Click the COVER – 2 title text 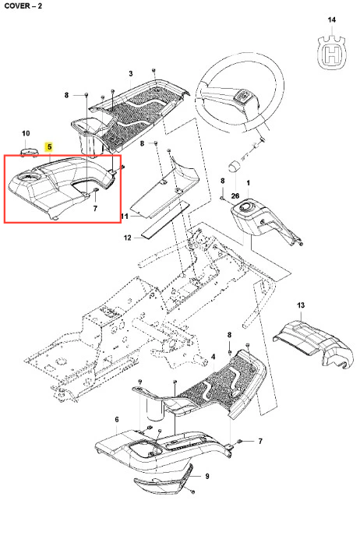pyautogui.click(x=23, y=6)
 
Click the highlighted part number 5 pyautogui.click(x=50, y=147)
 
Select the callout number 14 pyautogui.click(x=331, y=20)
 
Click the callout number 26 pyautogui.click(x=235, y=196)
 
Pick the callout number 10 pyautogui.click(x=26, y=133)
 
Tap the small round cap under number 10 pyautogui.click(x=29, y=152)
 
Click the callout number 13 pyautogui.click(x=301, y=305)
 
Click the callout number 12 pyautogui.click(x=128, y=238)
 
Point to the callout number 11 pyautogui.click(x=125, y=217)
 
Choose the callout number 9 pyautogui.click(x=207, y=476)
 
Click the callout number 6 pyautogui.click(x=117, y=419)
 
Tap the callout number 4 pyautogui.click(x=214, y=358)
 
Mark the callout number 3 pyautogui.click(x=131, y=73)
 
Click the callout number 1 pyautogui.click(x=249, y=183)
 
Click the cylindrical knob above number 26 pyautogui.click(x=235, y=166)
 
